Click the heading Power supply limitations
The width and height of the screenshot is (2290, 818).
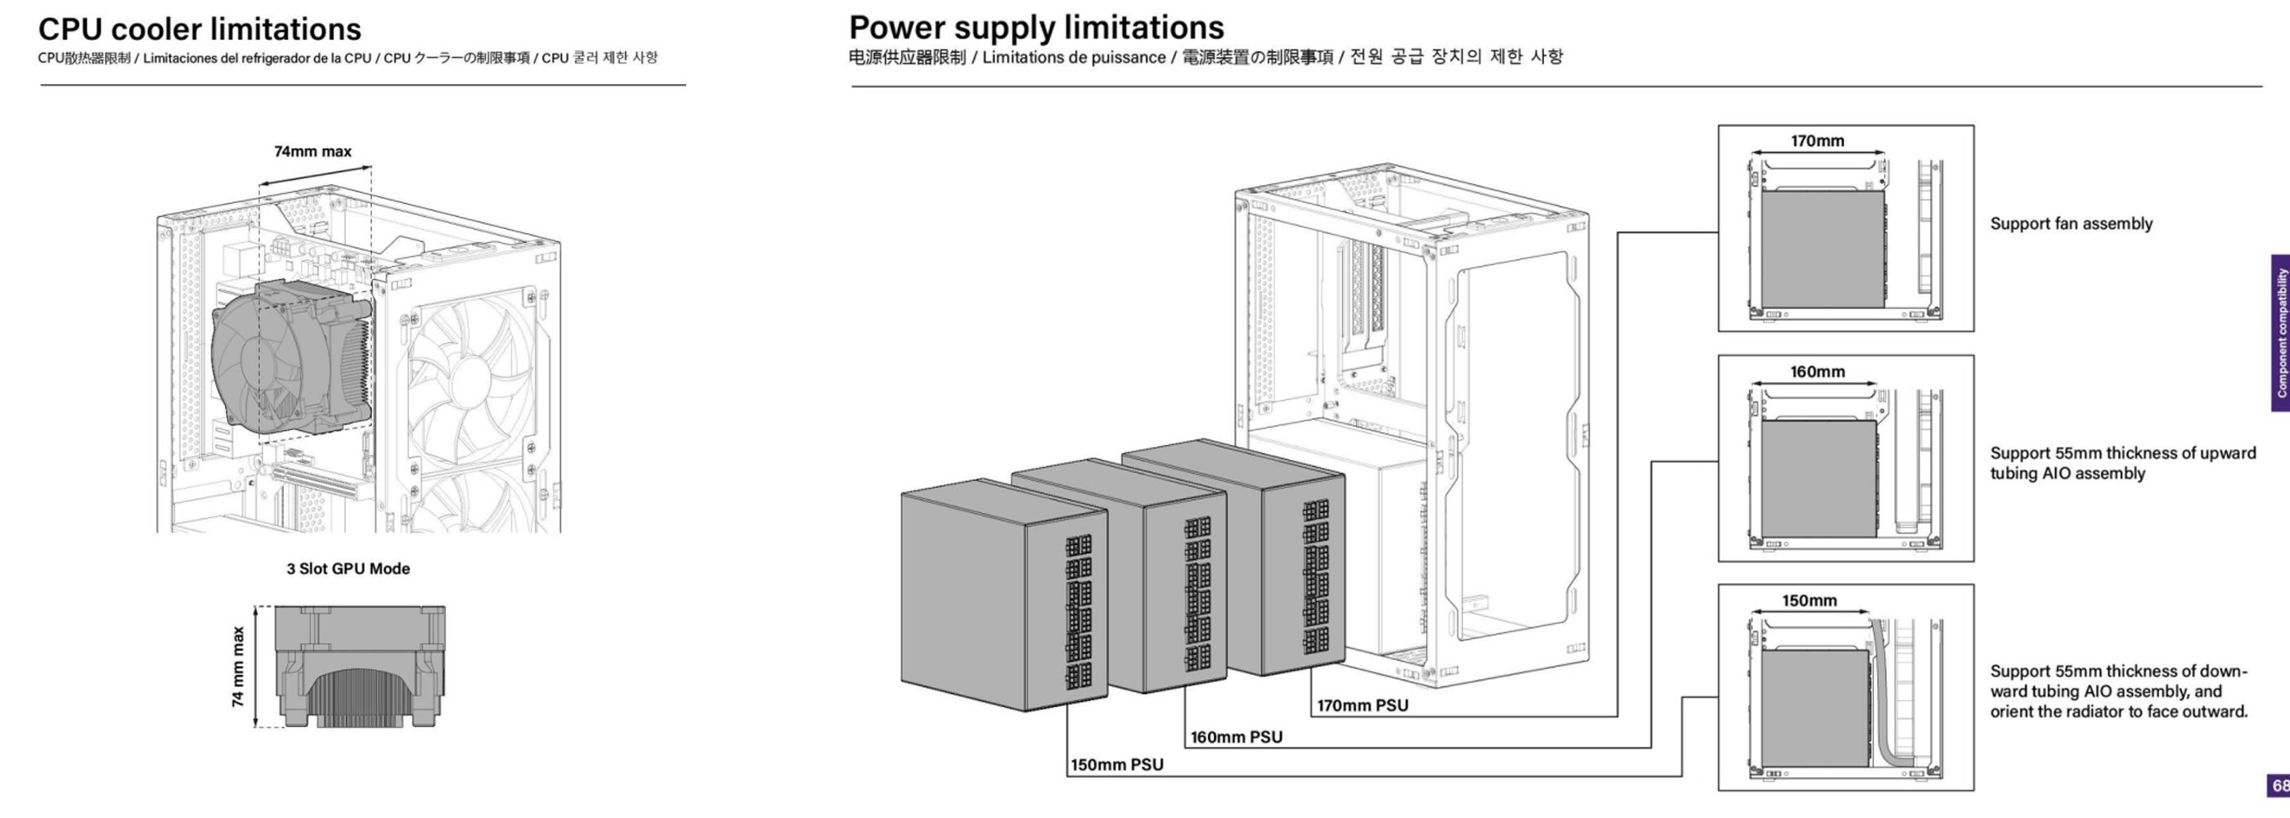point(1035,28)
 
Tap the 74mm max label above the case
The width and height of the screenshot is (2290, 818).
point(312,151)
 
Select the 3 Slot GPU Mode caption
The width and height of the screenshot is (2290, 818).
point(348,569)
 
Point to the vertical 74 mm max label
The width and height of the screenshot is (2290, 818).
point(238,667)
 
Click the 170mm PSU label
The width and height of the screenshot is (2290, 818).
point(1362,706)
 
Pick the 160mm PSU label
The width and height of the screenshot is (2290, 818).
point(1236,737)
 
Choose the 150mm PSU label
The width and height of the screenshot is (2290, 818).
point(1116,765)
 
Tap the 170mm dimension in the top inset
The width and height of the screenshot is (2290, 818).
point(1817,142)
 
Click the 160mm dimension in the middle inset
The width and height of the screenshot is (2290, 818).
point(1817,371)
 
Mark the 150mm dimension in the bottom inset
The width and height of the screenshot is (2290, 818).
point(1809,601)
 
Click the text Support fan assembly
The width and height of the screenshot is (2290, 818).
point(2071,224)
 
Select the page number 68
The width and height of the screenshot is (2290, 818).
point(2280,786)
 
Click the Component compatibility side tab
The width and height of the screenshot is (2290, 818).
point(2280,334)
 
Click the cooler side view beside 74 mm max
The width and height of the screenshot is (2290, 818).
point(359,667)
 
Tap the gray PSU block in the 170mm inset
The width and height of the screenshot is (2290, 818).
point(1821,249)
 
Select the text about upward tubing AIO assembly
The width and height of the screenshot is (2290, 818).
point(2122,463)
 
